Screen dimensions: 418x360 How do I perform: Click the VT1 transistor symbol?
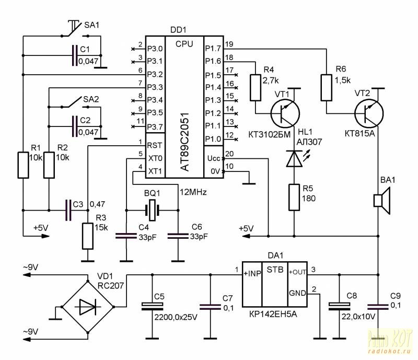pos(285,113)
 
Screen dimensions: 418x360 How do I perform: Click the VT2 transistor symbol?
pos(369,113)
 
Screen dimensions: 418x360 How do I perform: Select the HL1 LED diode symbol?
pos(294,159)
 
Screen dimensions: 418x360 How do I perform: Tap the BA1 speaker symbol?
pos(382,201)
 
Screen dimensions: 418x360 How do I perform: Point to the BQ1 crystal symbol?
pos(152,211)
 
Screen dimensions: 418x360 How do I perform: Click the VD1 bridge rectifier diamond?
pos(88,307)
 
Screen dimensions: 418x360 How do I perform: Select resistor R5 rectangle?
pos(294,198)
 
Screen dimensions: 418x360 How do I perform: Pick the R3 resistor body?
pos(88,236)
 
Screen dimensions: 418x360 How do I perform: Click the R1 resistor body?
pos(23,165)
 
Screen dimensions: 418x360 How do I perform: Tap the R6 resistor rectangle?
pos(326,88)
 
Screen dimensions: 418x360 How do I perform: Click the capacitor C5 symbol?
pos(152,307)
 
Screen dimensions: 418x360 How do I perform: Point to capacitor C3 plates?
pos(68,211)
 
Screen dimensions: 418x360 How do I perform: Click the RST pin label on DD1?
pos(155,145)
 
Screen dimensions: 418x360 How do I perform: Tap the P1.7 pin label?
pos(213,48)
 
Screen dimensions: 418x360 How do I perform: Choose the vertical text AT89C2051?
pos(184,141)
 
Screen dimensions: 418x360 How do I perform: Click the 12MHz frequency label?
pos(193,192)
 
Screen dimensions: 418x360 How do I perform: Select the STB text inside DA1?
pos(275,270)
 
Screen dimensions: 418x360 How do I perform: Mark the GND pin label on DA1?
pos(297,293)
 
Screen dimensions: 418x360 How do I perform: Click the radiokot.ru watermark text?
pos(389,351)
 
